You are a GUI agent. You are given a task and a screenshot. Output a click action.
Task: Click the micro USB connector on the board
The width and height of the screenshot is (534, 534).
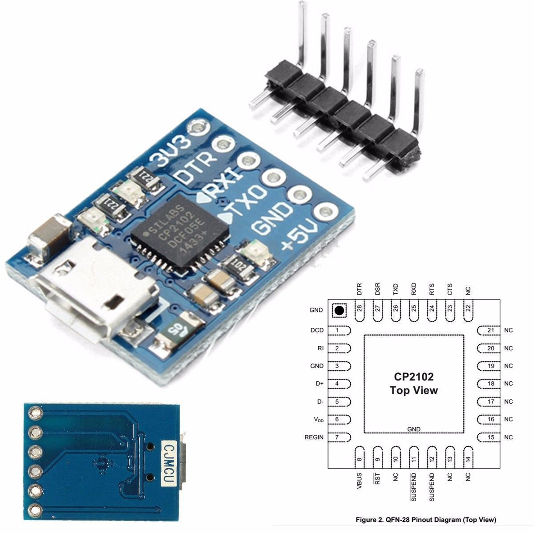(96, 291)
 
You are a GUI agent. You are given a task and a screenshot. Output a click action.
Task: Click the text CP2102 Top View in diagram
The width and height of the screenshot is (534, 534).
(414, 384)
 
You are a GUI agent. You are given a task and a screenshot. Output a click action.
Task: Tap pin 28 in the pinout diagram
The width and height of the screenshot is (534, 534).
(359, 308)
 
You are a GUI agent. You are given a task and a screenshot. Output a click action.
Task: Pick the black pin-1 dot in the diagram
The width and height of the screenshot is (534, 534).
(340, 311)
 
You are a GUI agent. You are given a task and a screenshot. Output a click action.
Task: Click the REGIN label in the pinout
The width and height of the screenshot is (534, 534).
(314, 437)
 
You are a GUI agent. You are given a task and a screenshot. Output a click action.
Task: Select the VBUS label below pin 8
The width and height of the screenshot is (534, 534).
(359, 481)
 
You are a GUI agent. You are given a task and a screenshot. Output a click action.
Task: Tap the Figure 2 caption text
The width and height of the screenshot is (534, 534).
(426, 519)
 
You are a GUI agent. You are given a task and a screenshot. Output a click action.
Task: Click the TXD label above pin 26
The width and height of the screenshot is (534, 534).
(395, 289)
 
